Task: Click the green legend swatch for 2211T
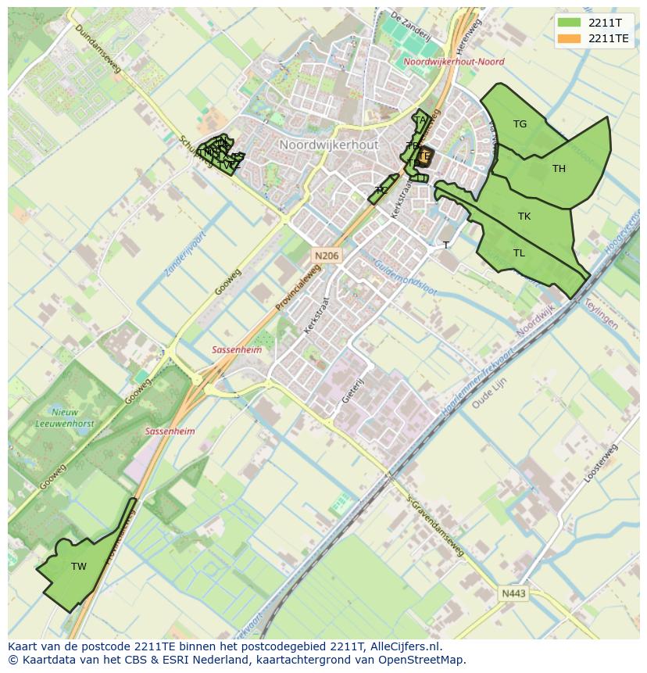coord(570,23)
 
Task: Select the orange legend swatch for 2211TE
coord(570,38)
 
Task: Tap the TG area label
coord(520,124)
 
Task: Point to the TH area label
coord(559,169)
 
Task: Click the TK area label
coord(524,217)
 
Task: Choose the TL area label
coord(520,253)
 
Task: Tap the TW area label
coord(79,567)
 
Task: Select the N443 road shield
coord(513,594)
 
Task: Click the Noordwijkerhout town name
coord(328,145)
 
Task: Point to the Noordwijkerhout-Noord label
coord(454,62)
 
